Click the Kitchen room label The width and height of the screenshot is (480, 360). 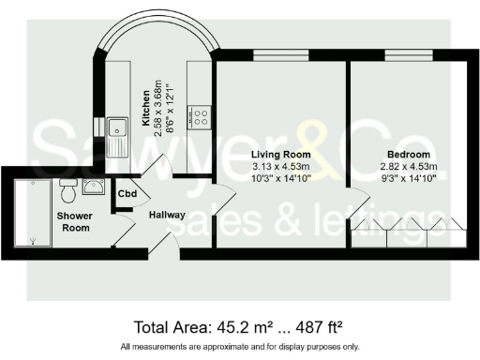tap(145, 111)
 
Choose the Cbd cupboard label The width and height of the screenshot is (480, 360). tap(126, 194)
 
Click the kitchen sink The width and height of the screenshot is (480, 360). tap(118, 135)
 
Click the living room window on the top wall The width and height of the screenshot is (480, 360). tap(281, 58)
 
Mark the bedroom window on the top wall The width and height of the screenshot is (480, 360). tap(407, 58)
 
